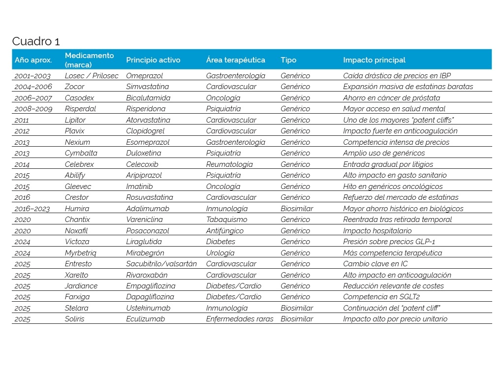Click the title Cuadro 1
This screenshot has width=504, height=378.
point(36,41)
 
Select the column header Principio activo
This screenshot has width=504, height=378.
point(153,60)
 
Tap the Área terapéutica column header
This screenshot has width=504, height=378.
point(235,60)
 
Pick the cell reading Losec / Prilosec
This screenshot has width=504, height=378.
point(92,76)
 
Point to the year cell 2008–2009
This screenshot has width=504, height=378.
point(33,109)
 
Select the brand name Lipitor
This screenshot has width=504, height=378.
point(75,120)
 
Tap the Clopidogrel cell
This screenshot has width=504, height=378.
point(145,131)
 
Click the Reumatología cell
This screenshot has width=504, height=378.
point(229,164)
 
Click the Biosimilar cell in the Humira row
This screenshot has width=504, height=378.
point(297,209)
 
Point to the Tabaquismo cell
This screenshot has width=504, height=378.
point(226,220)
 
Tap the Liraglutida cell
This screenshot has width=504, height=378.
point(144,242)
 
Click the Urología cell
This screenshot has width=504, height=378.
point(220,253)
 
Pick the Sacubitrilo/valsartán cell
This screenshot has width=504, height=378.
point(161,264)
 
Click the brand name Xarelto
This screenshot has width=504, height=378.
point(76,275)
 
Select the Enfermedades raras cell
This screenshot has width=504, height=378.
point(240,319)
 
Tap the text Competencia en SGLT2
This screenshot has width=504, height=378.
point(381,297)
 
